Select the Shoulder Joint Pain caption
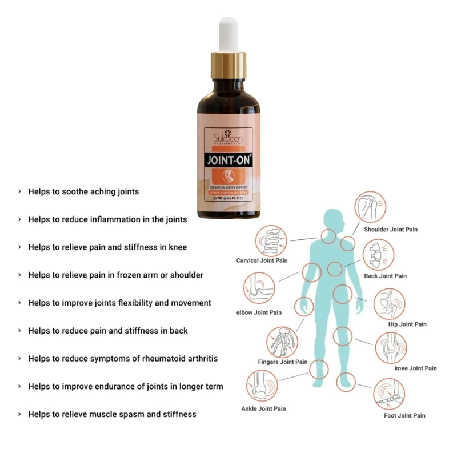point(391,230)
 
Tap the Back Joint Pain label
point(386,276)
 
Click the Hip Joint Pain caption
point(407,324)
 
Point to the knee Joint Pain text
point(416,368)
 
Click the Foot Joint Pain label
point(404,415)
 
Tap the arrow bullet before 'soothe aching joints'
point(19,192)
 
